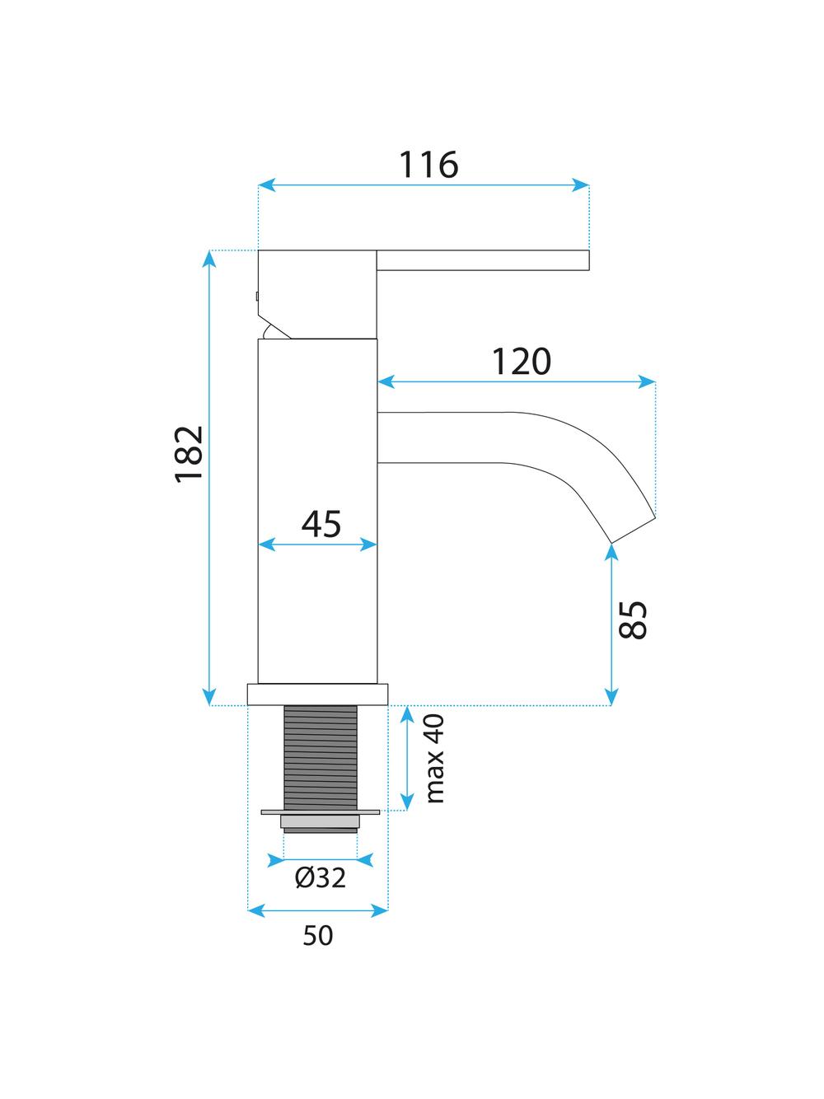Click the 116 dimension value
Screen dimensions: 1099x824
tap(428, 165)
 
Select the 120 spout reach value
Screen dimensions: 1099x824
tap(521, 362)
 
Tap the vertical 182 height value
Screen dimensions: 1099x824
tap(189, 454)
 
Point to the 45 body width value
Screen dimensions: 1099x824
tap(321, 524)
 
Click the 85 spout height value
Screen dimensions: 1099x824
tap(633, 620)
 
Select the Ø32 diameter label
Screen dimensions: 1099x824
tap(321, 879)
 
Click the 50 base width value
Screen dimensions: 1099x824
tap(318, 936)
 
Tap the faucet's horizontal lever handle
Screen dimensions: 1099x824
tap(483, 260)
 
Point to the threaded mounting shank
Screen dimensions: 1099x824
tap(321, 757)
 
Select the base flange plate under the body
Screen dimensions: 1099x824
tap(318, 694)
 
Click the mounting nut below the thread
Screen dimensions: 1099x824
tap(321, 821)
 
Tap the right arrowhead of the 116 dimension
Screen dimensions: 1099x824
tap(583, 185)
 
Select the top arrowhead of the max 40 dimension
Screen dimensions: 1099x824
tap(406, 713)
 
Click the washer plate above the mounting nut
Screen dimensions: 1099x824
tap(321, 811)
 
